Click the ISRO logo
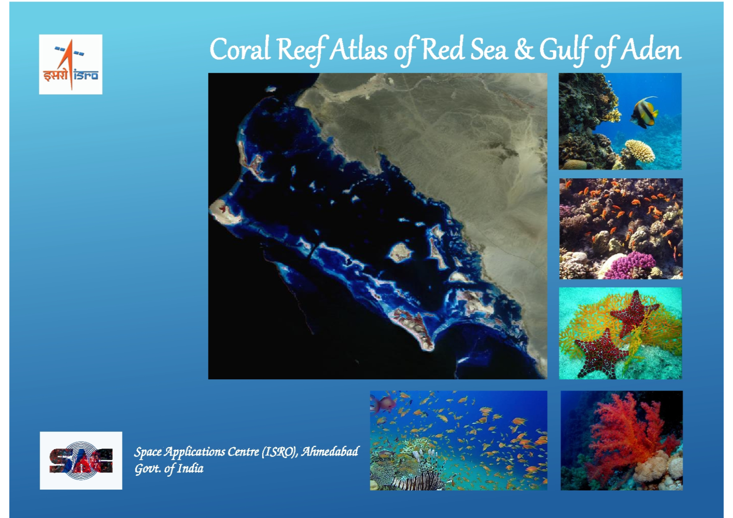point(71,64)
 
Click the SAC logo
point(81,460)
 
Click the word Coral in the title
point(240,49)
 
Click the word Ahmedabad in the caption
point(330,452)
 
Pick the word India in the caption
point(190,468)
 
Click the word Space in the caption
point(148,452)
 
